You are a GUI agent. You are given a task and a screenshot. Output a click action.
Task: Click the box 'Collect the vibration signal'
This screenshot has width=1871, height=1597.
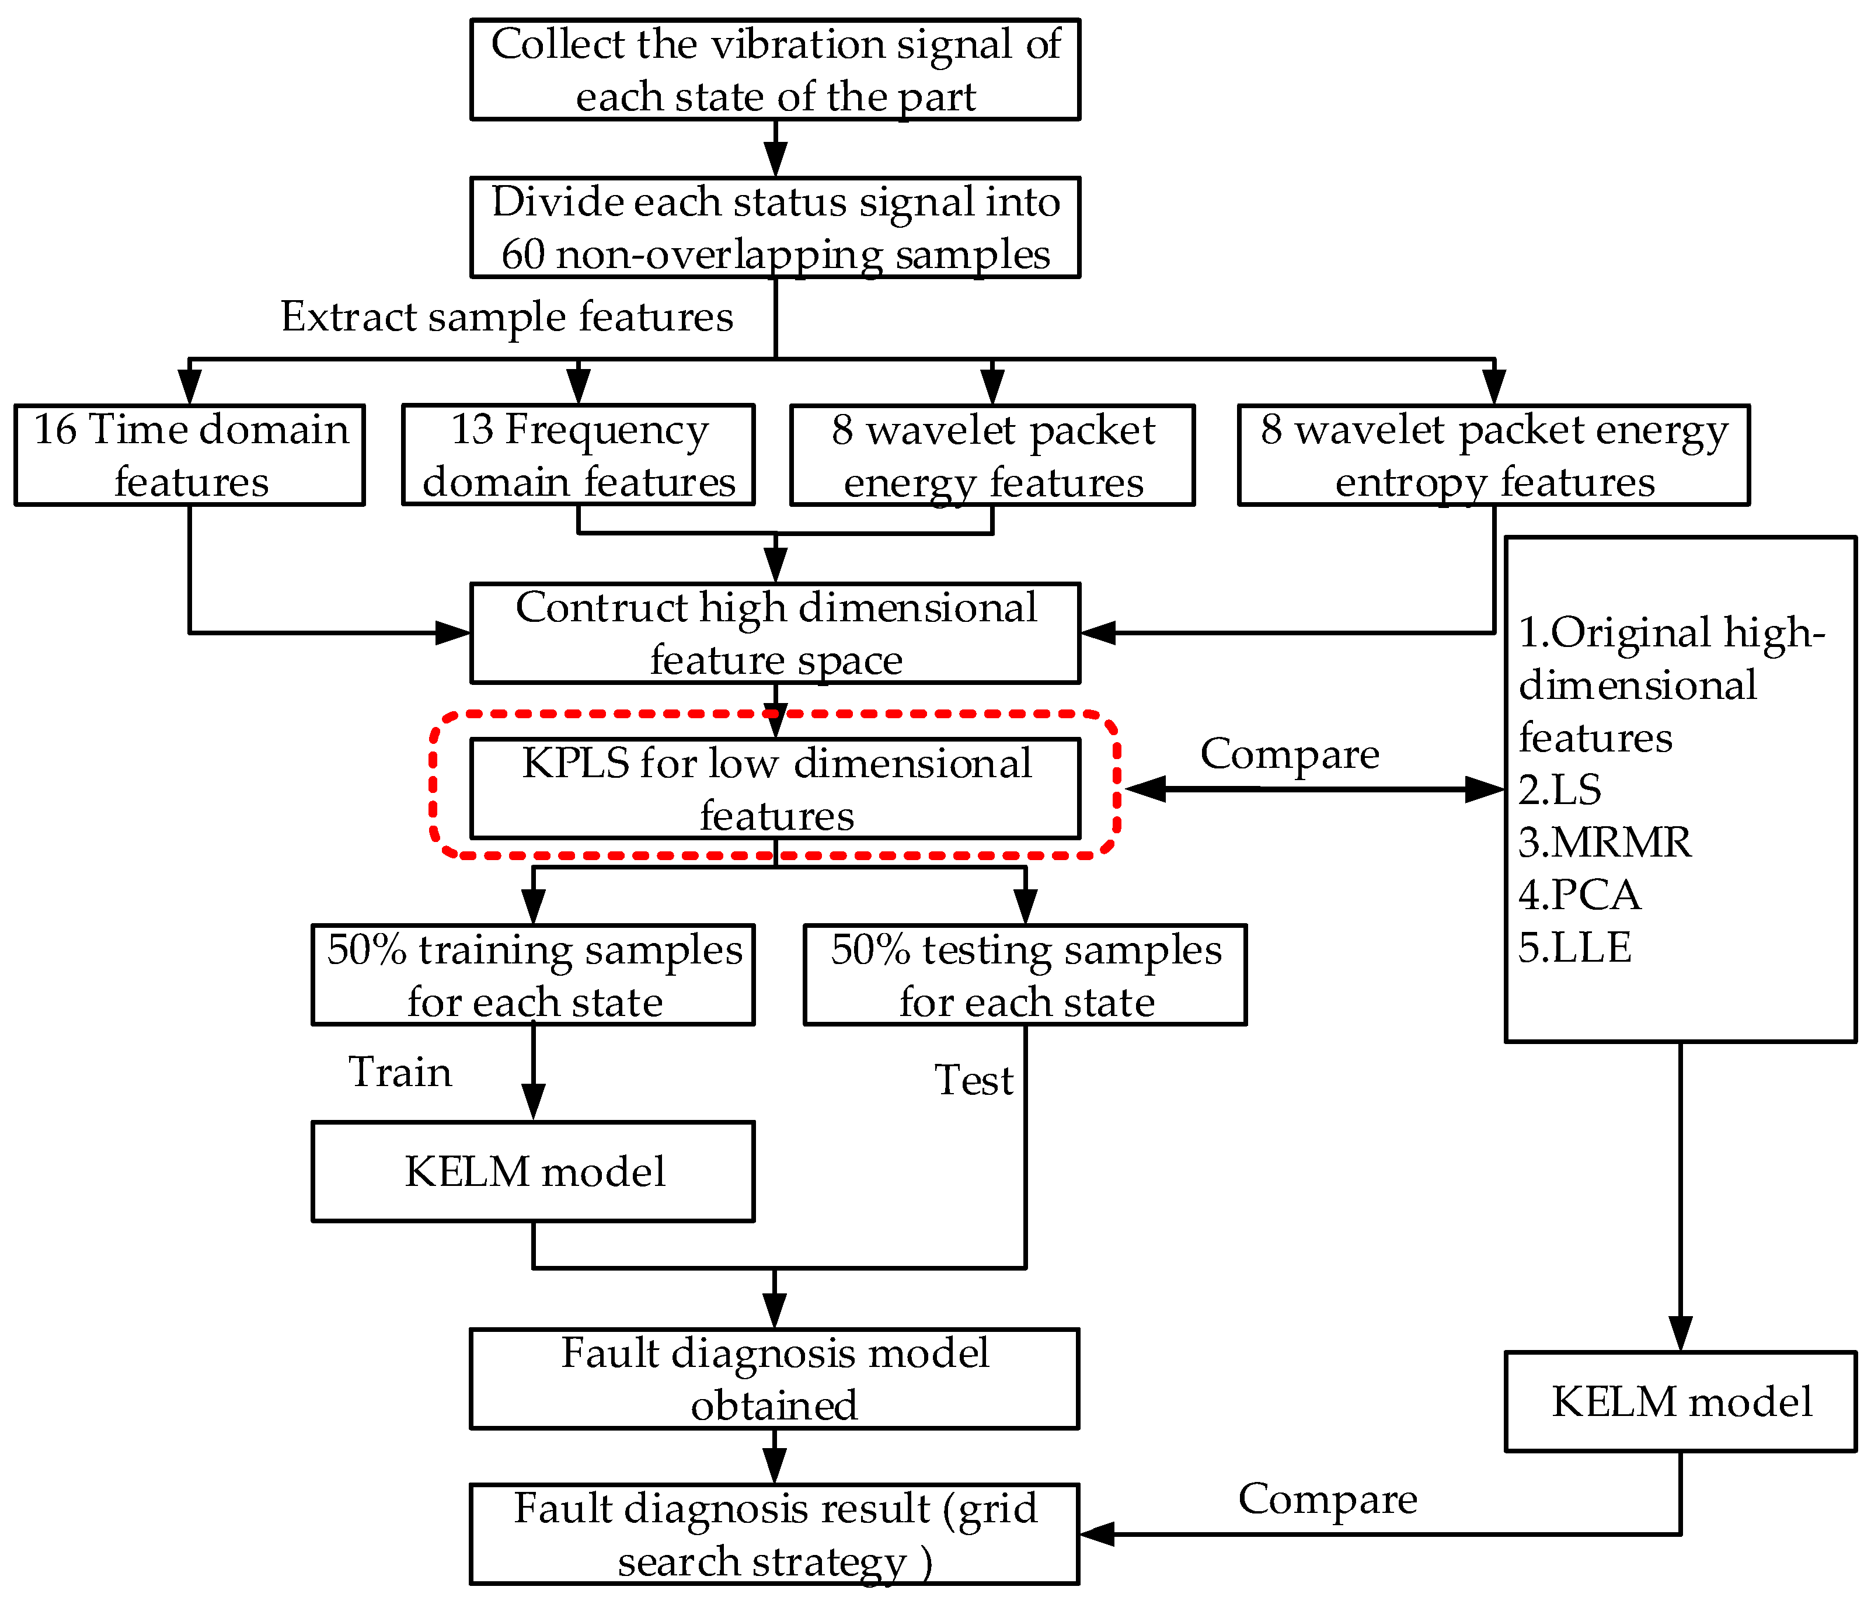(775, 69)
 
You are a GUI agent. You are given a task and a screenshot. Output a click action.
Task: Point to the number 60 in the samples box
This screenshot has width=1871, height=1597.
(524, 255)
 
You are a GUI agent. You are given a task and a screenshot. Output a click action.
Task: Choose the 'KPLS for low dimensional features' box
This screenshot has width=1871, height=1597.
(775, 788)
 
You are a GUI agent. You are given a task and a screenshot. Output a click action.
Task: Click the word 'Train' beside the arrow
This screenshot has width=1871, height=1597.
(400, 1072)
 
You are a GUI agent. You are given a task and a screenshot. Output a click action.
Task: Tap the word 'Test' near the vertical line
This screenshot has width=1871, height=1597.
(973, 1080)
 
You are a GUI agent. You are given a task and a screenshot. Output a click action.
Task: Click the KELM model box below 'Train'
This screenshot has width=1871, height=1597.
(533, 1171)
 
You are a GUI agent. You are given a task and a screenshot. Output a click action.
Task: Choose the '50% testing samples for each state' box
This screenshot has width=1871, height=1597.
(1025, 975)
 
